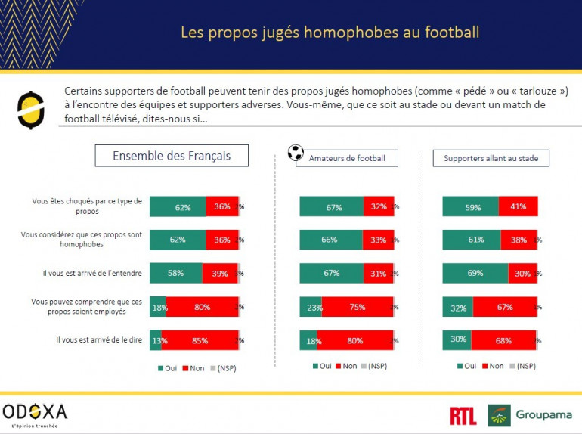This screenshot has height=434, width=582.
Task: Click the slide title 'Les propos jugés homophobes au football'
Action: (x=330, y=33)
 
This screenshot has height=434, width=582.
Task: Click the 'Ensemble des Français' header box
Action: (x=172, y=156)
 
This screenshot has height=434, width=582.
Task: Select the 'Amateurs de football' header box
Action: (x=346, y=158)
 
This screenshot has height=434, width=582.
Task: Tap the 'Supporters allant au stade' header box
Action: (x=491, y=158)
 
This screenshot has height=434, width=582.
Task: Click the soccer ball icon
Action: (x=296, y=152)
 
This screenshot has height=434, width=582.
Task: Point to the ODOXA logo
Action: (x=36, y=411)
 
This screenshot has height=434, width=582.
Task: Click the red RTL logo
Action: (x=463, y=415)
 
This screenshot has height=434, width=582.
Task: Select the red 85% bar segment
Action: (x=200, y=340)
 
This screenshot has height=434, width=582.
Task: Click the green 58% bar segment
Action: (x=176, y=273)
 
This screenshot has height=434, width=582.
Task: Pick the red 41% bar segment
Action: (x=518, y=206)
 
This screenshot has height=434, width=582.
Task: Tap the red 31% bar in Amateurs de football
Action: (x=379, y=273)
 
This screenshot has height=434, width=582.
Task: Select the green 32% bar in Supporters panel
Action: (x=457, y=307)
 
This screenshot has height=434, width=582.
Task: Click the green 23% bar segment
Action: (x=308, y=307)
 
